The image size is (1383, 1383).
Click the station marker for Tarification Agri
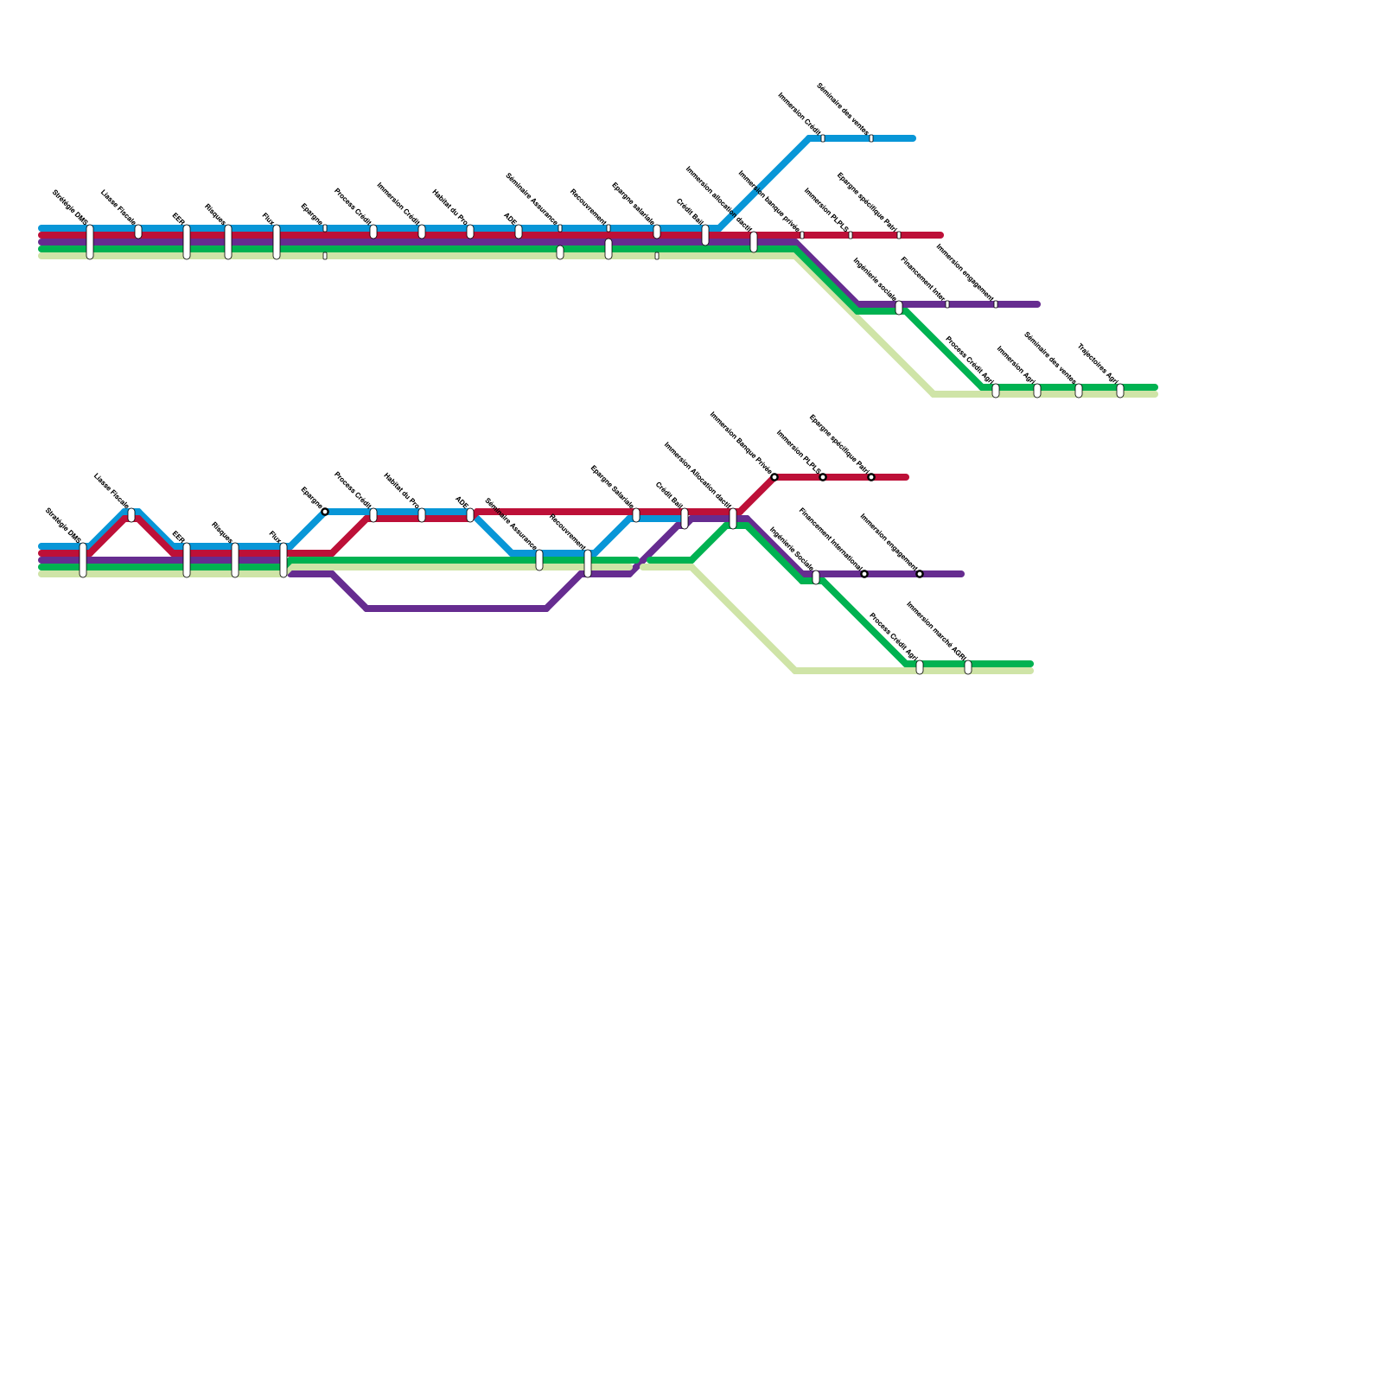[1120, 391]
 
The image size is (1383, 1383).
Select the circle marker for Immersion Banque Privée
[774, 477]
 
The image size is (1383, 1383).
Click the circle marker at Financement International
[864, 574]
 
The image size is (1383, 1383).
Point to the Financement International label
[831, 539]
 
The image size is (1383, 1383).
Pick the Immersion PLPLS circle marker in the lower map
[823, 477]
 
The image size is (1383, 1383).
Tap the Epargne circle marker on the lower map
[325, 512]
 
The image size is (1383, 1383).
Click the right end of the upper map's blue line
[914, 138]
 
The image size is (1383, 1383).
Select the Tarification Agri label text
[1098, 363]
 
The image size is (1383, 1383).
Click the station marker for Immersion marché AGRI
[968, 667]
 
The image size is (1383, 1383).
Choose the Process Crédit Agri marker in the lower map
[920, 667]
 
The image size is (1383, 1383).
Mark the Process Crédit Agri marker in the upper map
[996, 391]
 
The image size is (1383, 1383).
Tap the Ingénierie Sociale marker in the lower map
[816, 577]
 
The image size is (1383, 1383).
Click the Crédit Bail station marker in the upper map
[705, 235]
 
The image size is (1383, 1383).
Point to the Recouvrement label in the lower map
[567, 532]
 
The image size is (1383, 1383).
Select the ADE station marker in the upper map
[519, 232]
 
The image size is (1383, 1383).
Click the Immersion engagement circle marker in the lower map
[920, 574]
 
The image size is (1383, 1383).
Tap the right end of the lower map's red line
[907, 477]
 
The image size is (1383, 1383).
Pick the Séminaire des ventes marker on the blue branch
[871, 138]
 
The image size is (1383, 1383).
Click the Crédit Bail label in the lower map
[669, 495]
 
